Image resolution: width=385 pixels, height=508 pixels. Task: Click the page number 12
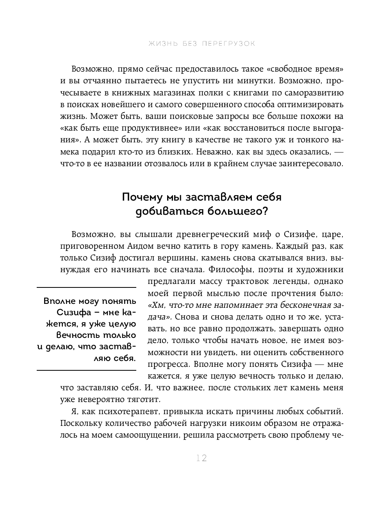pos(201,458)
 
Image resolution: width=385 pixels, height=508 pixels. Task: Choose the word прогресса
pos(167,364)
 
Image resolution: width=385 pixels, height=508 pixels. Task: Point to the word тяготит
pos(146,399)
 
